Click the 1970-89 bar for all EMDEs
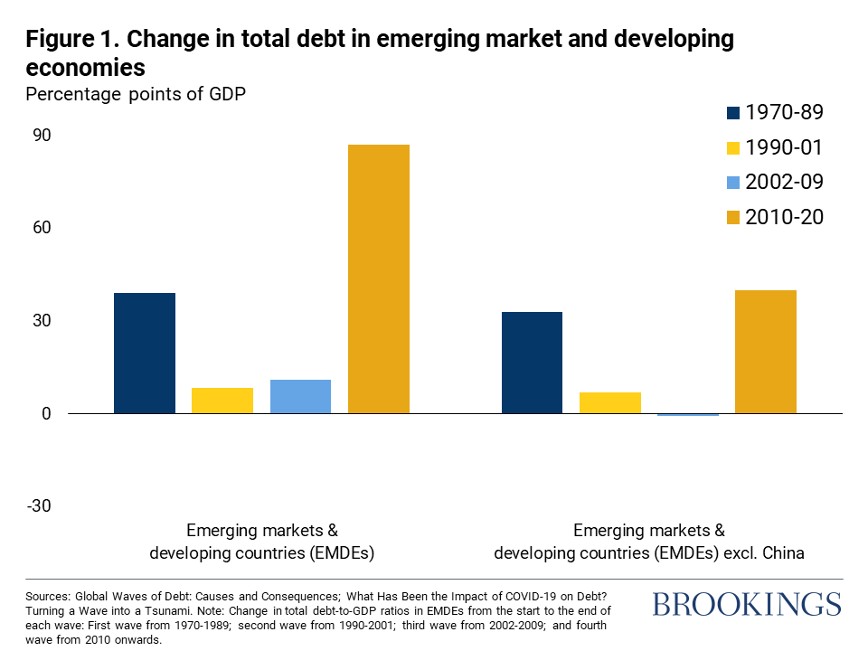pos(144,353)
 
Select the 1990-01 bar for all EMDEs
pos(222,401)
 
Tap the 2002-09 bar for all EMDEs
pos(300,396)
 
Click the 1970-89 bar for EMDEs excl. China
pos(532,363)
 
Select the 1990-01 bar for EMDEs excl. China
pos(609,402)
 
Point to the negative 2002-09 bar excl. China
pos(688,415)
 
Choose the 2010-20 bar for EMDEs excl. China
pos(766,352)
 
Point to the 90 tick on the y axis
pos(42,136)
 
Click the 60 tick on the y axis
pos(42,228)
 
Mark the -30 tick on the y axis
pos(40,505)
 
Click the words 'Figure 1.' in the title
pos(66,39)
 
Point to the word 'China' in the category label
pos(782,552)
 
